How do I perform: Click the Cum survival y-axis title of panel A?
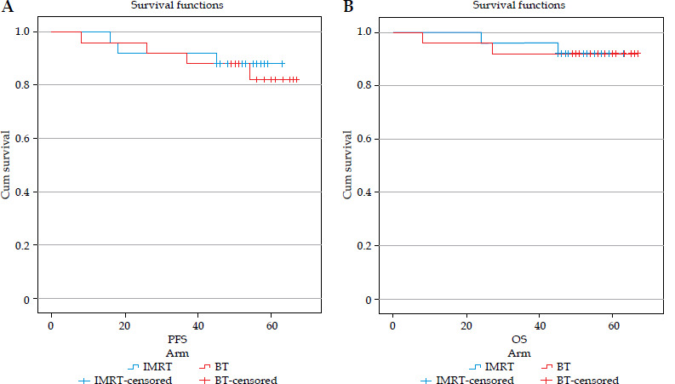click(7, 165)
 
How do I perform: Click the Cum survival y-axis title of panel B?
click(347, 165)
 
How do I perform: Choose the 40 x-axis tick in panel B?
click(540, 326)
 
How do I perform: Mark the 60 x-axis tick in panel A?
click(271, 326)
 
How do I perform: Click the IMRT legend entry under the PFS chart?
click(154, 366)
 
